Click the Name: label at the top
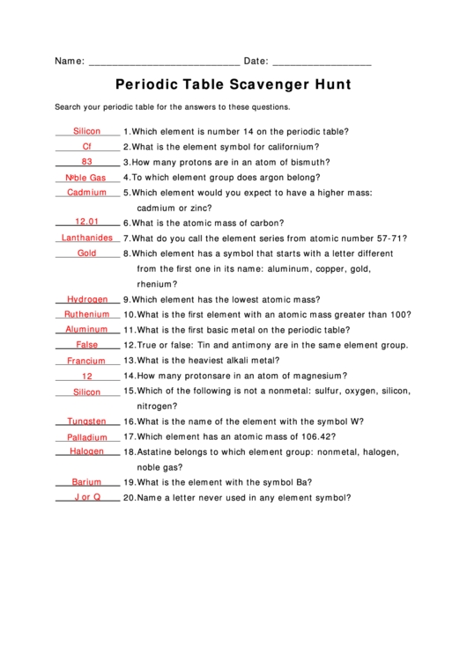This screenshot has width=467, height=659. tap(70, 62)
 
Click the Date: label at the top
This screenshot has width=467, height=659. tap(256, 62)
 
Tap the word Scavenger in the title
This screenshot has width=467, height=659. tap(256, 85)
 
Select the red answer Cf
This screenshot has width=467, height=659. tap(87, 146)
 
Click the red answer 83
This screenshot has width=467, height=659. tap(87, 162)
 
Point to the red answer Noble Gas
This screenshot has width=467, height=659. tap(85, 178)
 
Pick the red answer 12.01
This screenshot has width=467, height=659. tap(87, 223)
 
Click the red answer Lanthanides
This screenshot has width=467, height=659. tap(87, 238)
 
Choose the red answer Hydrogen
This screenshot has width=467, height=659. tap(87, 299)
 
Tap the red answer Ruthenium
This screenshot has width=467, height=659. tap(87, 314)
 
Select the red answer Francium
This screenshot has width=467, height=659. tap(87, 361)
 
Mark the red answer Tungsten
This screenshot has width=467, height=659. tap(87, 421)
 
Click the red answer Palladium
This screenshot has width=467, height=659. tap(87, 437)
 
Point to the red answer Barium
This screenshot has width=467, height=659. tap(87, 482)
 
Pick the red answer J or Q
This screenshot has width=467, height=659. tap(87, 497)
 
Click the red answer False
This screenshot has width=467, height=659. tap(87, 345)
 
